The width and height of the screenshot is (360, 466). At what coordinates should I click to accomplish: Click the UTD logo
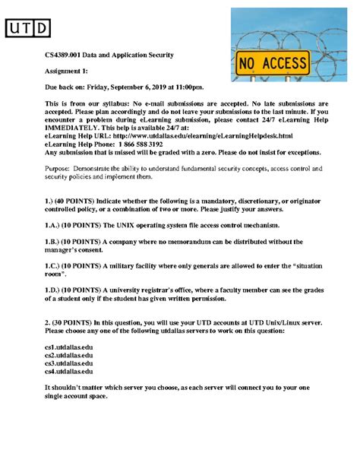(28, 28)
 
